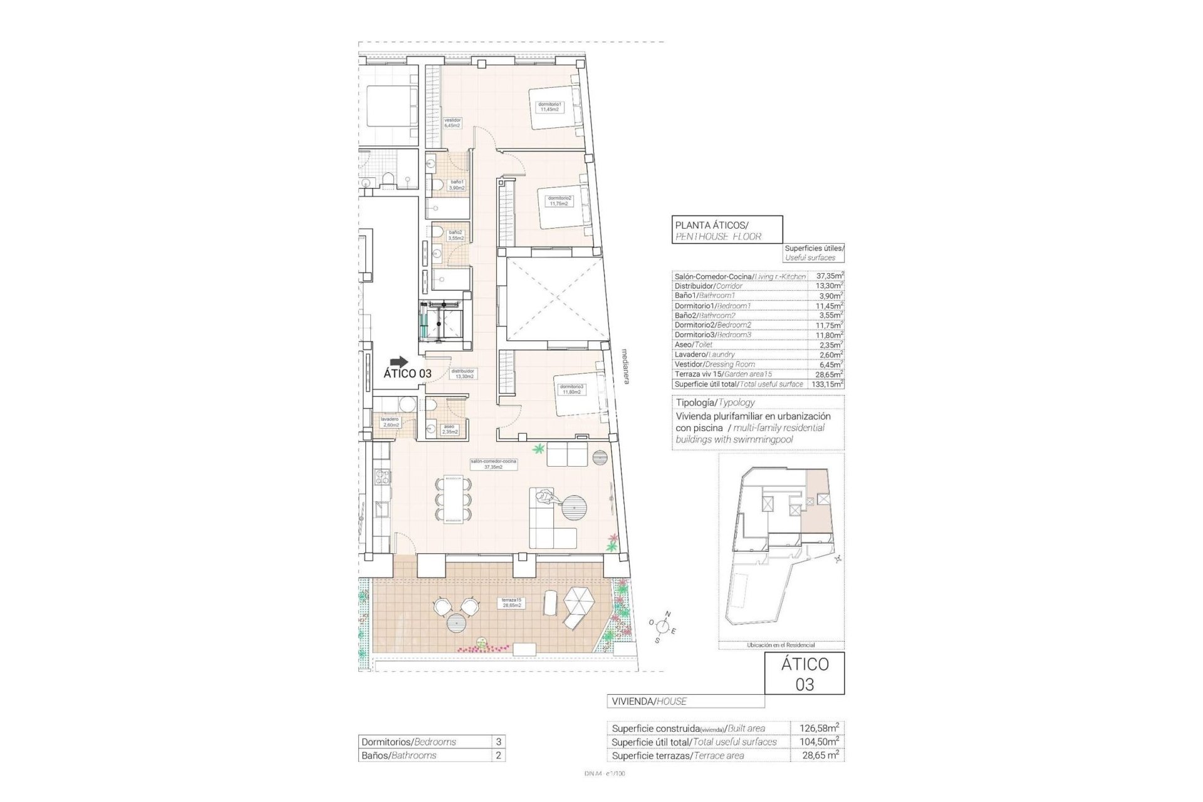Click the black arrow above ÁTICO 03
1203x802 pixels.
(398, 362)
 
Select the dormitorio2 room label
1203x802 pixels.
(560, 200)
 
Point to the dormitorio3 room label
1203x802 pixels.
(571, 390)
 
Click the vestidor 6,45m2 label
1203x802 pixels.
(452, 123)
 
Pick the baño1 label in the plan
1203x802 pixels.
(457, 185)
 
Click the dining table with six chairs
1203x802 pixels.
(454, 499)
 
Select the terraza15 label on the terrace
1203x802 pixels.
(511, 603)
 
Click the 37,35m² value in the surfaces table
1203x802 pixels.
(828, 276)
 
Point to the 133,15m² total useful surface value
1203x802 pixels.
(828, 383)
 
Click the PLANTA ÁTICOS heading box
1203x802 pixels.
(727, 229)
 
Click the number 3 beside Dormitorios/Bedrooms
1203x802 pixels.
(498, 742)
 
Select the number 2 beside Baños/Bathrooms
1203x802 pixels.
(498, 756)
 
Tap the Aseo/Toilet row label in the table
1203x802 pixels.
(694, 345)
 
